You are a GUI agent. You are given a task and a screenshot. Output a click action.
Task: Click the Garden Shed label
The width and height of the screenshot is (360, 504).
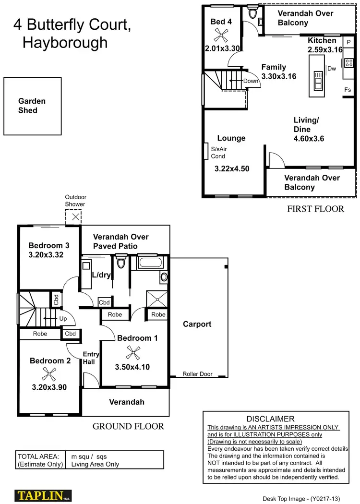point(32,106)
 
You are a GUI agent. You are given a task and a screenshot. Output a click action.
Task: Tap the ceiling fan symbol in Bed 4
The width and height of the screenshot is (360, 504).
point(221,34)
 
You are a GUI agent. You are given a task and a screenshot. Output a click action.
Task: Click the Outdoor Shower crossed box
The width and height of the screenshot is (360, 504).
point(74,216)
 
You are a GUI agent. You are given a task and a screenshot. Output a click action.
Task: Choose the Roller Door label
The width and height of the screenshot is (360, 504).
point(197,374)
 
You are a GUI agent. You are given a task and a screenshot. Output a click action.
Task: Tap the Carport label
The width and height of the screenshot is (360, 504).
point(197,324)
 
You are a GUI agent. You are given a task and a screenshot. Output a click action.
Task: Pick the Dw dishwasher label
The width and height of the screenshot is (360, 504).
point(332,69)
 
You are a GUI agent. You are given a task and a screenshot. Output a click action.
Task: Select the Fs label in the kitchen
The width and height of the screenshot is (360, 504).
point(348,90)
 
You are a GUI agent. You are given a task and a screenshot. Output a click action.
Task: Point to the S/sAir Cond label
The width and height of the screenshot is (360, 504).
point(218,153)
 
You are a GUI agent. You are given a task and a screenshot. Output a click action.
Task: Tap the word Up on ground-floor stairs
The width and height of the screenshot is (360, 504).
point(62,318)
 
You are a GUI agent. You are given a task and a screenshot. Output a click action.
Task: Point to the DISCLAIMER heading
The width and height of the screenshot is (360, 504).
point(270,419)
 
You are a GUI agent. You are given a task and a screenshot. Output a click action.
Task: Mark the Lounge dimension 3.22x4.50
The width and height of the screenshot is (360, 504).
point(231,169)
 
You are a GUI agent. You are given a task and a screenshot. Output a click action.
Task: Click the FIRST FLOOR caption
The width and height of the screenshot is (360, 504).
point(315,209)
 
